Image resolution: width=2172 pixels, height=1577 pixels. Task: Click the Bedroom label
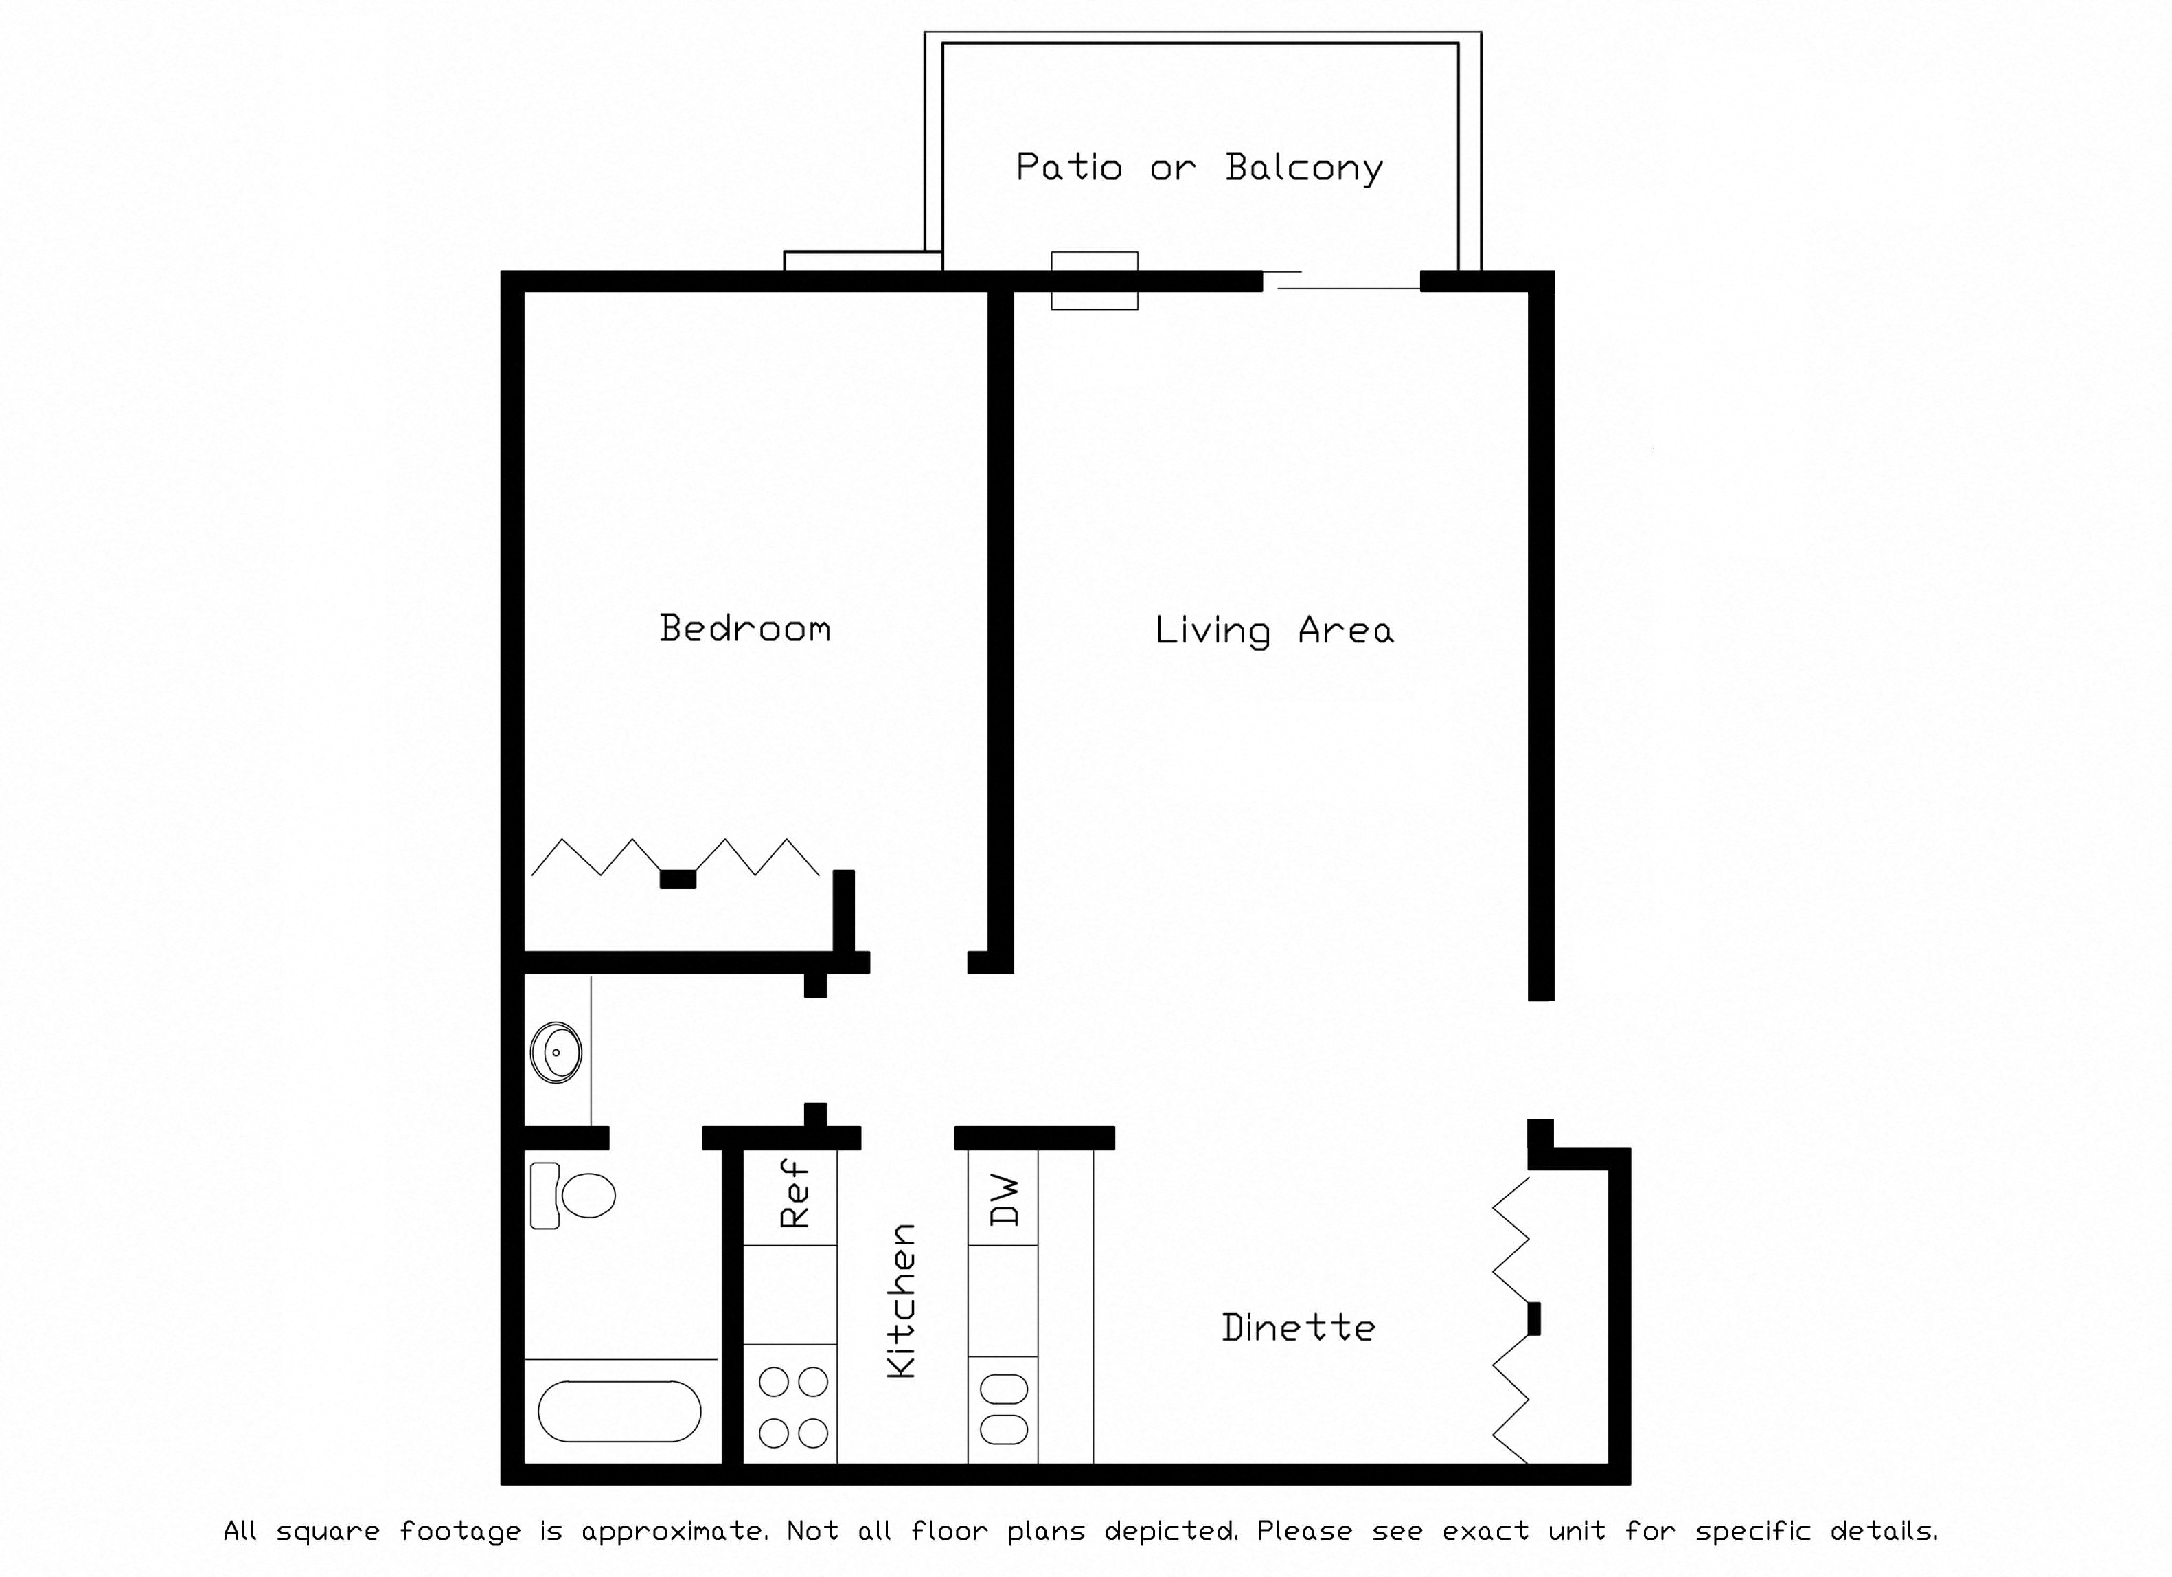[745, 629]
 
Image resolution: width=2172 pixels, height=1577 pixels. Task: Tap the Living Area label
[1274, 630]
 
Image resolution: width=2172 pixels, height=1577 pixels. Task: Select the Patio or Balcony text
[1199, 168]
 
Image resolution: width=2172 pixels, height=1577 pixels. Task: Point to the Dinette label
[1298, 1328]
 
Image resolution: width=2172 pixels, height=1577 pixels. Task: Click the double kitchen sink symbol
[1003, 1409]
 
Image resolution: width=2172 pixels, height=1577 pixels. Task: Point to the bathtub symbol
[619, 1411]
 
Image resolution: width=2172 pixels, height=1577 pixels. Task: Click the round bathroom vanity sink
[556, 1052]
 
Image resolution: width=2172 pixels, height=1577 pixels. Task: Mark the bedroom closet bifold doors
[675, 858]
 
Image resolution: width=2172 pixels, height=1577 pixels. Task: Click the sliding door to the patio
[1340, 281]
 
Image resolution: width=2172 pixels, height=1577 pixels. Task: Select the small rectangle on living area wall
[1095, 281]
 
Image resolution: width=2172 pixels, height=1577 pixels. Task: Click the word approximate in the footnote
[674, 1531]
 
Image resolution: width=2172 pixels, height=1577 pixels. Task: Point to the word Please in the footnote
[1304, 1531]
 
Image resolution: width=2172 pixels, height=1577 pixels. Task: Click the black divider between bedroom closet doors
[678, 880]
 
